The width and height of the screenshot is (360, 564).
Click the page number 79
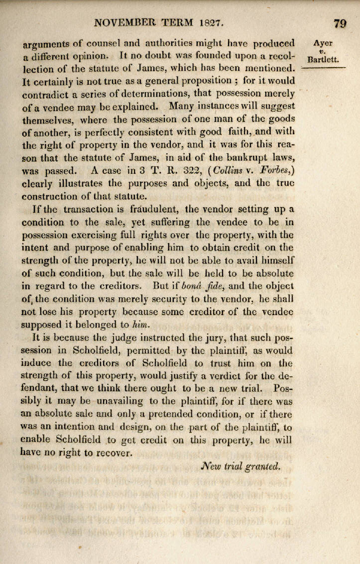pyautogui.click(x=341, y=23)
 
